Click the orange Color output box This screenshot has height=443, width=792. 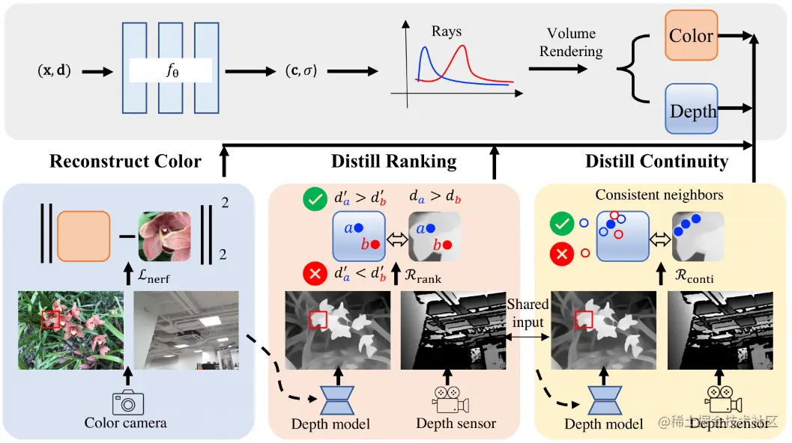[x=691, y=36]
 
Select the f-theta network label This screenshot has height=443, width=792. [x=171, y=72]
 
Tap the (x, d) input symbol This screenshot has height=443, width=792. [x=54, y=72]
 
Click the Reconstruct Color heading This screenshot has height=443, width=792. [x=125, y=161]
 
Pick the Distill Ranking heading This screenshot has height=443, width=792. [x=393, y=161]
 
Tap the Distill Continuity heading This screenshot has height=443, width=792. [x=656, y=161]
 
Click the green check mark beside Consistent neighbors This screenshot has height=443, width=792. [x=560, y=223]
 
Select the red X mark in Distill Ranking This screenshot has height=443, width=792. [x=314, y=272]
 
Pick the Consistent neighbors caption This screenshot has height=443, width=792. [x=659, y=195]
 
